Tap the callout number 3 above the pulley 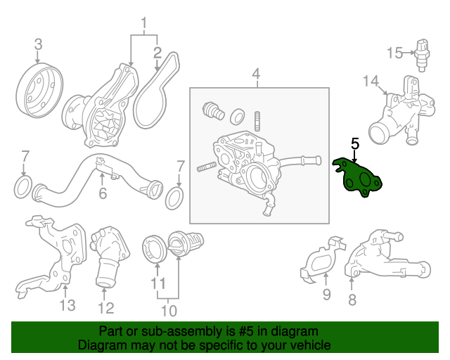pyautogui.click(x=38, y=44)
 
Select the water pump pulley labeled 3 pyautogui.click(x=39, y=92)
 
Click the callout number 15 pyautogui.click(x=394, y=53)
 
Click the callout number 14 pyautogui.click(x=371, y=81)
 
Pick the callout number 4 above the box pyautogui.click(x=256, y=74)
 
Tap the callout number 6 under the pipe pyautogui.click(x=103, y=193)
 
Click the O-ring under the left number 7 pyautogui.click(x=23, y=188)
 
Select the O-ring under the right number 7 pyautogui.click(x=175, y=198)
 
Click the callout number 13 pyautogui.click(x=67, y=305)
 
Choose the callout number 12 pyautogui.click(x=106, y=309)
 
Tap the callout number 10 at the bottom pyautogui.click(x=169, y=311)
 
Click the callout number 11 pyautogui.click(x=158, y=283)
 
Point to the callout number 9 pyautogui.click(x=327, y=295)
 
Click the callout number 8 pyautogui.click(x=352, y=300)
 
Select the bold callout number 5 pyautogui.click(x=355, y=143)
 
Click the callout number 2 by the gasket pyautogui.click(x=157, y=53)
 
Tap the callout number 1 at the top pyautogui.click(x=143, y=23)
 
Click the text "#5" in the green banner pyautogui.click(x=246, y=331)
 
